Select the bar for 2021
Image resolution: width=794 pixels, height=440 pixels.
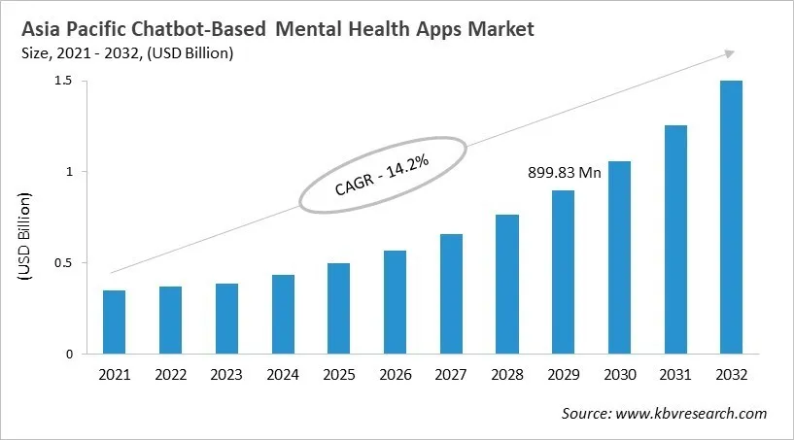(114, 322)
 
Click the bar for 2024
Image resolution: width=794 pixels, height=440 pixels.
(283, 315)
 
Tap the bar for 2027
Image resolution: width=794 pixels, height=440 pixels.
(451, 293)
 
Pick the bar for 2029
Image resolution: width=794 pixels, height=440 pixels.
(563, 272)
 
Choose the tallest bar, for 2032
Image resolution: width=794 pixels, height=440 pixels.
(731, 218)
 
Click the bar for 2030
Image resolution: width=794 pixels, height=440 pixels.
(619, 257)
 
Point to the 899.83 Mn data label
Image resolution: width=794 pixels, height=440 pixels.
(563, 176)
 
